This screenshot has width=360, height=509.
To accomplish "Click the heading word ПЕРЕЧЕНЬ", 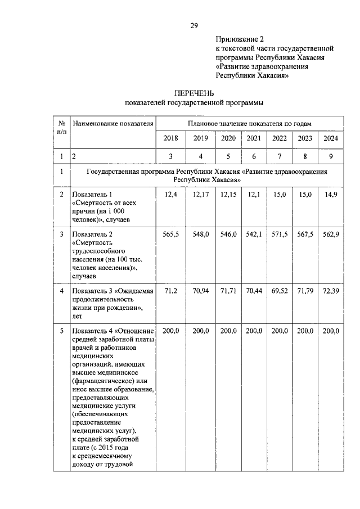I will pyautogui.click(x=193, y=93).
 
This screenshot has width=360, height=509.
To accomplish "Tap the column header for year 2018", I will pyautogui.click(x=170, y=138).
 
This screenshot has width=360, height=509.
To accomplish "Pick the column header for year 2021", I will pyautogui.click(x=254, y=138).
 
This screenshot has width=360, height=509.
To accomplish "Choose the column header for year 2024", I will pyautogui.click(x=330, y=138).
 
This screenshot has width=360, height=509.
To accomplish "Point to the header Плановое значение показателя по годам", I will pyautogui.click(x=250, y=123).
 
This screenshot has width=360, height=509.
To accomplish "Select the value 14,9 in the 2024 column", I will pyautogui.click(x=331, y=195).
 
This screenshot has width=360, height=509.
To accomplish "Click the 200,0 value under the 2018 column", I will pyautogui.click(x=170, y=331).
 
